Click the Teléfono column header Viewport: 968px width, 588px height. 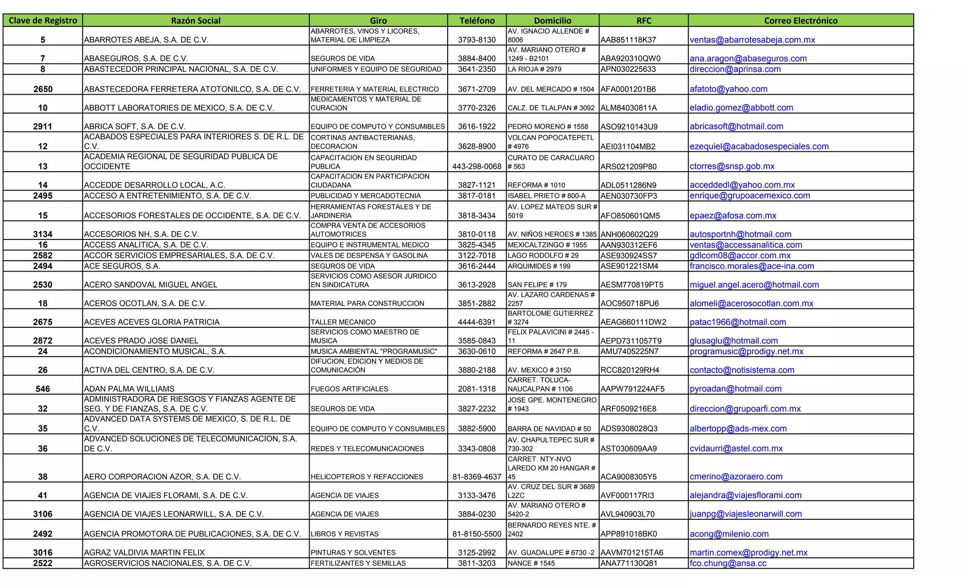coord(477,20)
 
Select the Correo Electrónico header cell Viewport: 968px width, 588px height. coord(800,20)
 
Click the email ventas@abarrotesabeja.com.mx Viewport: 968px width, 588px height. coord(752,40)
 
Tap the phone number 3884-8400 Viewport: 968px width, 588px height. coord(476,59)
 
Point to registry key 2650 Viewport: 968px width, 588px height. coord(43,89)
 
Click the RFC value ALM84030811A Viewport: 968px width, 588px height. coord(629,108)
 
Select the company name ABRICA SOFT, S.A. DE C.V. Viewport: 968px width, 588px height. coord(135,126)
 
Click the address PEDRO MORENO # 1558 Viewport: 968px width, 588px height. coord(548,126)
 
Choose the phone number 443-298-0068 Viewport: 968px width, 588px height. coord(476,167)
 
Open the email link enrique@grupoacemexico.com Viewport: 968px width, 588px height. coord(750,195)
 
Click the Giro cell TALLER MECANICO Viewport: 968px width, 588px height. coord(343,322)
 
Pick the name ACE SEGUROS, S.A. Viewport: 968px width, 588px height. coord(122,266)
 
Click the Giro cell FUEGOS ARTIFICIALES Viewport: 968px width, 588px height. coord(349,389)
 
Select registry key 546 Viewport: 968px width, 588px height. coord(43,389)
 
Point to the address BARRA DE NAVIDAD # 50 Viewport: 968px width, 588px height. coord(549,429)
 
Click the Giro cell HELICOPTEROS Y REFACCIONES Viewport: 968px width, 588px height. coord(367,477)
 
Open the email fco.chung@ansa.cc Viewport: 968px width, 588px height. coord(728,563)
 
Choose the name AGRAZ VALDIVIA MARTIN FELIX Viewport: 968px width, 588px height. coord(144,553)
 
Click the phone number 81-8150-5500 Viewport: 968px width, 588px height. coord(476,534)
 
